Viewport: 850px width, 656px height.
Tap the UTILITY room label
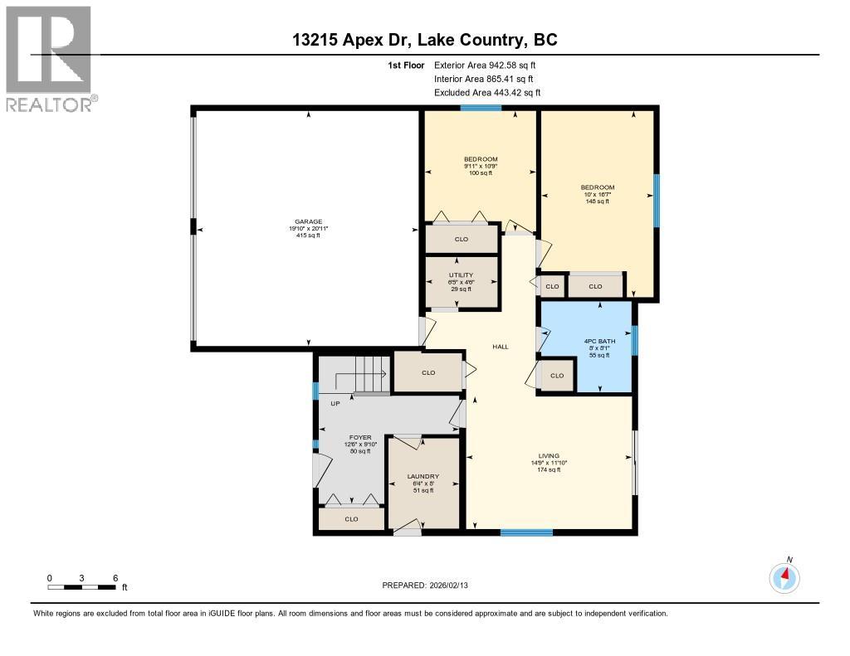click(461, 275)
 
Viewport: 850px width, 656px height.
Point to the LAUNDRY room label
click(423, 477)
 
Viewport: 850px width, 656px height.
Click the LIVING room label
click(549, 455)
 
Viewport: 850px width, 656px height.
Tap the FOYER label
click(360, 437)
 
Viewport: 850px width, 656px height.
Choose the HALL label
click(501, 347)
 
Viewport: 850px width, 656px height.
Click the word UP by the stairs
click(335, 404)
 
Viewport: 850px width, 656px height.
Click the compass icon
click(784, 576)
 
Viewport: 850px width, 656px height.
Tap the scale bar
click(81, 587)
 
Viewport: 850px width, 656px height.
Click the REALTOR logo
click(49, 59)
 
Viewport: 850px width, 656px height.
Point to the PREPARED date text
click(431, 585)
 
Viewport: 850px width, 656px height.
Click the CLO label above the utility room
click(462, 240)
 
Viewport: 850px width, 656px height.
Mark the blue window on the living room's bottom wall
click(526, 532)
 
